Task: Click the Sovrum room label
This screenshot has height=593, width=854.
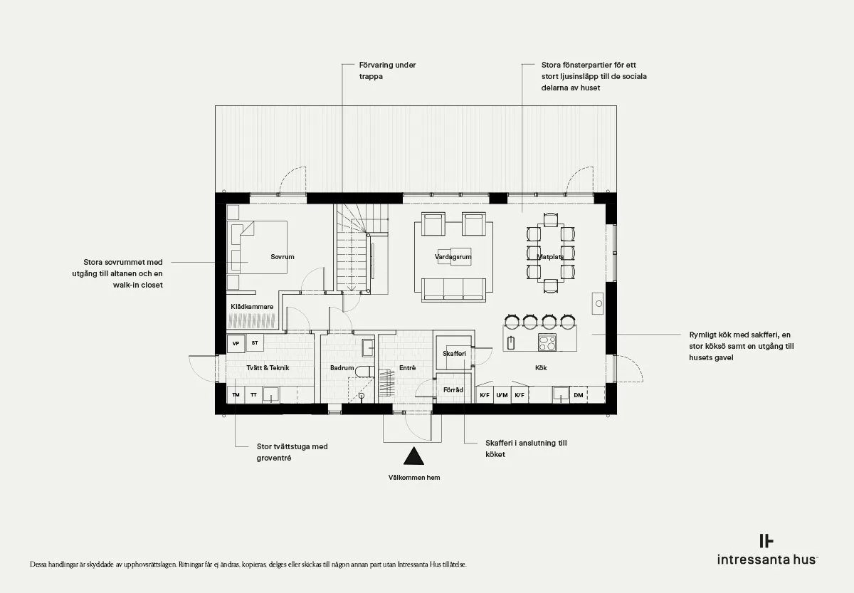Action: pyautogui.click(x=282, y=257)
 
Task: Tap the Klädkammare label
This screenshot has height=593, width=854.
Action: pyautogui.click(x=252, y=307)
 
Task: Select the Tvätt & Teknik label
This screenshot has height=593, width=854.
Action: pyautogui.click(x=268, y=367)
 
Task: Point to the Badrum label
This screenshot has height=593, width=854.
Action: pyautogui.click(x=342, y=367)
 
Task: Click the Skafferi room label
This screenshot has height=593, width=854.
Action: pyautogui.click(x=454, y=354)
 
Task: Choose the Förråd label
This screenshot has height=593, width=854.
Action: pyautogui.click(x=453, y=389)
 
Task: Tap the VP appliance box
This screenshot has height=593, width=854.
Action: pyautogui.click(x=236, y=344)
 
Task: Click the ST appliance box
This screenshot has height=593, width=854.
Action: pyautogui.click(x=255, y=343)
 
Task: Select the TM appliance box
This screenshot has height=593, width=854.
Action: pyautogui.click(x=236, y=394)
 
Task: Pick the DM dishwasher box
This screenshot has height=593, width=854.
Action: pyautogui.click(x=579, y=395)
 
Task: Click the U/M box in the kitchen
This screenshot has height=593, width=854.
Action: pyautogui.click(x=502, y=395)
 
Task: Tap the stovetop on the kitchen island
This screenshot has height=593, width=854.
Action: pyautogui.click(x=547, y=342)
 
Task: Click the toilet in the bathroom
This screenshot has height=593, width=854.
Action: pyautogui.click(x=365, y=371)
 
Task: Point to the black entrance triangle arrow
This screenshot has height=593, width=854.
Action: pyautogui.click(x=413, y=456)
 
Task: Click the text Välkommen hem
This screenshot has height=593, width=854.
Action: pyautogui.click(x=414, y=478)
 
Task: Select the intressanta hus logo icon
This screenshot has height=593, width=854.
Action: pyautogui.click(x=766, y=541)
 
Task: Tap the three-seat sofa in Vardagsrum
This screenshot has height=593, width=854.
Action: pyautogui.click(x=453, y=290)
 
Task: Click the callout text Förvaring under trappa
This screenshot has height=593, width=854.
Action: pyautogui.click(x=387, y=70)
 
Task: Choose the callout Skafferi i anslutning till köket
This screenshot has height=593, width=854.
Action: pyautogui.click(x=526, y=448)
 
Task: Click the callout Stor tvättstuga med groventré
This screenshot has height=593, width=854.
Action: pyautogui.click(x=292, y=452)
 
